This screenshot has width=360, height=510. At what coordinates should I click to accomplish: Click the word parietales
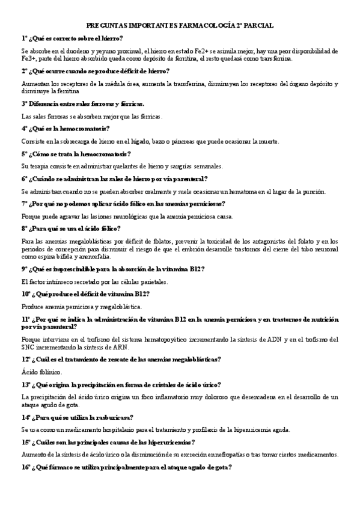[154, 281]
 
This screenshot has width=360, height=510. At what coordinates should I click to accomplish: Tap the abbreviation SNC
[29, 347]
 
